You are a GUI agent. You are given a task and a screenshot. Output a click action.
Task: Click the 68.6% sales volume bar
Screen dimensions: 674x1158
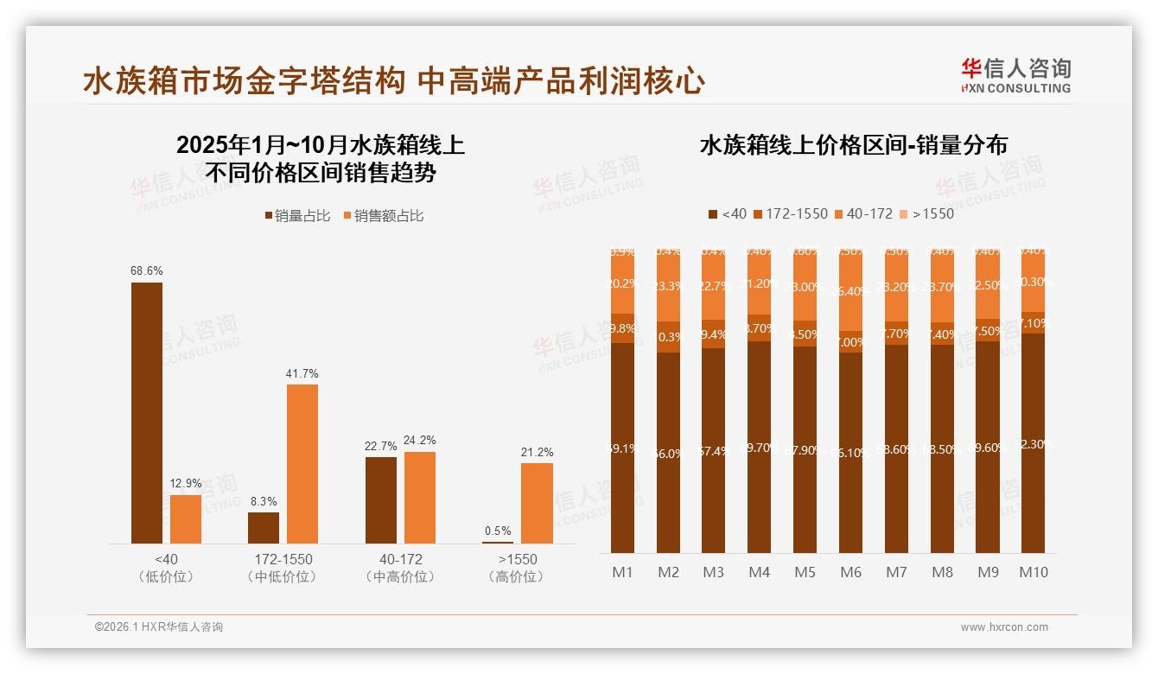coord(147,413)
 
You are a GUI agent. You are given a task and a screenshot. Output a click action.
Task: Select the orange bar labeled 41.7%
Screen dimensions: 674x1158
coord(302,463)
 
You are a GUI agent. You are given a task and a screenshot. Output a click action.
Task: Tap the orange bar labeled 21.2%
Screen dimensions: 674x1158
coord(537,503)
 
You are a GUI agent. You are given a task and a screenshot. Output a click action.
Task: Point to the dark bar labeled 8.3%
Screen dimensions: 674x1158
coord(264,527)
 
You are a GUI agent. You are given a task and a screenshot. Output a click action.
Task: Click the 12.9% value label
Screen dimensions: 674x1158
coord(186,483)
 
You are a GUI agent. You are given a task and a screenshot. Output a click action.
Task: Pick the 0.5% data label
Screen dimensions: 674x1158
coord(498,531)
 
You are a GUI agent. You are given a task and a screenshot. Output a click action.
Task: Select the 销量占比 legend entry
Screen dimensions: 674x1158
coord(297,216)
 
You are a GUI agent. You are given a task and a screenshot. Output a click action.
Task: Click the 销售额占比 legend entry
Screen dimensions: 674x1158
coord(384,216)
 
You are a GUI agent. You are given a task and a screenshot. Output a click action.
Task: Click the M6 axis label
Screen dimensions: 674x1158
coord(850,572)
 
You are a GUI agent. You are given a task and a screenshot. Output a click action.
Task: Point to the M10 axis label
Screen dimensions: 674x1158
coord(1033,572)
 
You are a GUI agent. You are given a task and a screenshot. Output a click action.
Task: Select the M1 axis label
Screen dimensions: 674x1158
coord(622,572)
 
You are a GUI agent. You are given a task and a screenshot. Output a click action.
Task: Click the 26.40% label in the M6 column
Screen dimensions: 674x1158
coord(851,291)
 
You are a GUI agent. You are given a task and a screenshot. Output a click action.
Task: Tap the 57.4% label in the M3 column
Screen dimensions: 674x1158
coord(714,451)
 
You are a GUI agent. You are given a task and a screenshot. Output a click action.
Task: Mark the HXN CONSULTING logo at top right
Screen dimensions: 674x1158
coord(1015,75)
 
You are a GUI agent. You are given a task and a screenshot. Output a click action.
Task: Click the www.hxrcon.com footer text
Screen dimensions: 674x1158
coord(1004,627)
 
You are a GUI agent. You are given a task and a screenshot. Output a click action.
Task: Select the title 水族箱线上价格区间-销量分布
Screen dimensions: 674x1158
coord(853,145)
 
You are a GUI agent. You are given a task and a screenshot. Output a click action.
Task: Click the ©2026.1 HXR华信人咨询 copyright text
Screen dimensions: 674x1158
coord(159,627)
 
